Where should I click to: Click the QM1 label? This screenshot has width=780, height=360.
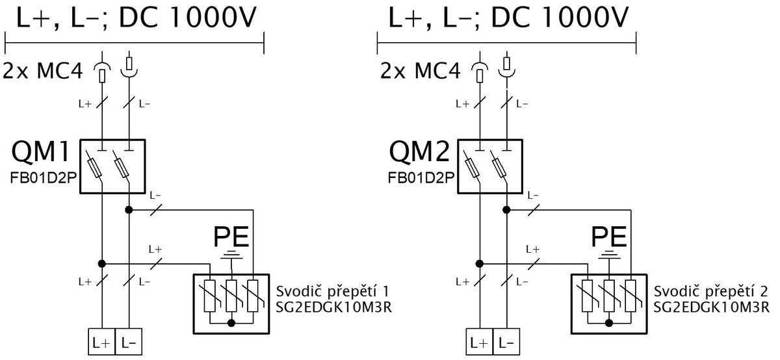(x=41, y=151)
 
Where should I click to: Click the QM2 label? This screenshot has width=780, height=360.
(x=419, y=151)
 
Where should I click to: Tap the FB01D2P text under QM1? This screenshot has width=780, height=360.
(x=43, y=178)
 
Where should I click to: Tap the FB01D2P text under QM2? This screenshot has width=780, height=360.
(x=421, y=178)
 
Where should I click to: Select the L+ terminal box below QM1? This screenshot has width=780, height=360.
(x=101, y=342)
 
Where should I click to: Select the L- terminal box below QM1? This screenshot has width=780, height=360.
(x=129, y=342)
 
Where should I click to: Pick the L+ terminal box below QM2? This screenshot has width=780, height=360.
(x=480, y=342)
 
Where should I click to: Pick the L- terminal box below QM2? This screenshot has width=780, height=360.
(x=506, y=342)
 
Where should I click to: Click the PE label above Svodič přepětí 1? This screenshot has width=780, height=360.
(x=231, y=237)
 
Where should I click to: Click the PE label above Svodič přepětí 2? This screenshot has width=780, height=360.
(x=609, y=237)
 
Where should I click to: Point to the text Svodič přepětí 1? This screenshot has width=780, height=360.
(x=333, y=292)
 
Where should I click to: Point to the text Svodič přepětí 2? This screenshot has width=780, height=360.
(x=710, y=292)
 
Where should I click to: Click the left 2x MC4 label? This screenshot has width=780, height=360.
(x=43, y=71)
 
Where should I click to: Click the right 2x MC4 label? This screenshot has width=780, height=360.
(x=421, y=71)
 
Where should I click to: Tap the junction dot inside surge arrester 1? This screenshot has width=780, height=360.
(x=231, y=323)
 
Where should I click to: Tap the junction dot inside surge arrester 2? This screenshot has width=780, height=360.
(x=609, y=323)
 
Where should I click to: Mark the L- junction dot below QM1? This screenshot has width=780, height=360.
(x=129, y=210)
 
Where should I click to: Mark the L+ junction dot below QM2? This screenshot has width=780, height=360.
(x=480, y=264)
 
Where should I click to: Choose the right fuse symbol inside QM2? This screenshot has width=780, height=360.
(x=500, y=168)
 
